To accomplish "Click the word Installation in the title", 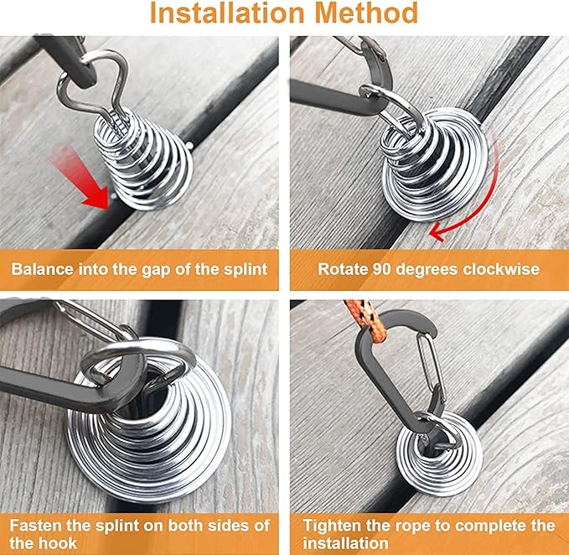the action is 227,13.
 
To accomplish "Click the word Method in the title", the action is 366,13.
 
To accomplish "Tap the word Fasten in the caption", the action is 35,526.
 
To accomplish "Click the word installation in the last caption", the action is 345,543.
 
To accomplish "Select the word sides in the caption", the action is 218,526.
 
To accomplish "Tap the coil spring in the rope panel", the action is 439,449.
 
